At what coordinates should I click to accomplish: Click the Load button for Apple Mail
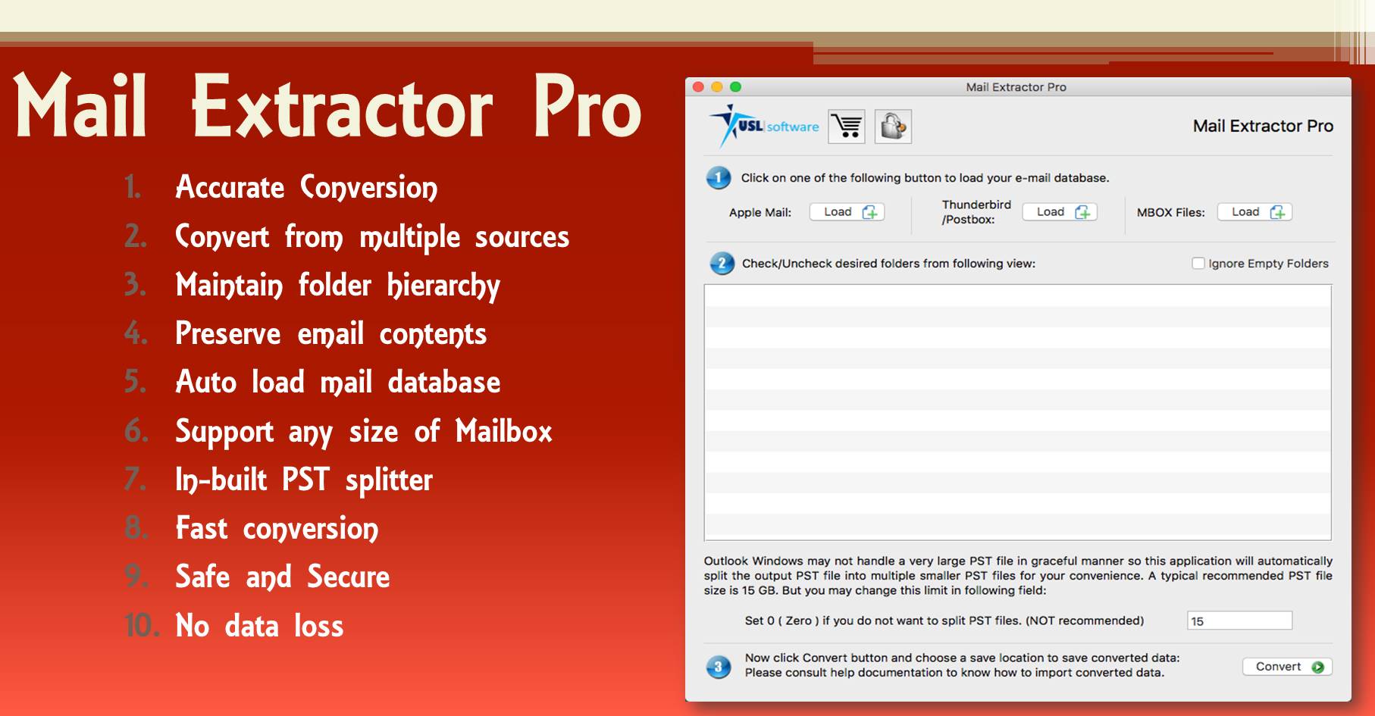[x=847, y=212]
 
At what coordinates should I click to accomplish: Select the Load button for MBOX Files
[x=1254, y=212]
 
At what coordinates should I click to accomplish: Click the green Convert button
[x=1287, y=667]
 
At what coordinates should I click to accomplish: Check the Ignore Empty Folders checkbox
[x=1198, y=264]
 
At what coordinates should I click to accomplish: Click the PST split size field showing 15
[x=1239, y=621]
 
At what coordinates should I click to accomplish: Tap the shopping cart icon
[x=847, y=127]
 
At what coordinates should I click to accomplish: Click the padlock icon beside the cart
[x=893, y=127]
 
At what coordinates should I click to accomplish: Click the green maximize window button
[x=735, y=87]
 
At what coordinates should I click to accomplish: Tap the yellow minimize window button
[x=717, y=87]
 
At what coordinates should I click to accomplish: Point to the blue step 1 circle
[x=719, y=178]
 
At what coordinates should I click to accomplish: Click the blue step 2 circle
[x=722, y=264]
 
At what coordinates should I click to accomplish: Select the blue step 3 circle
[x=719, y=667]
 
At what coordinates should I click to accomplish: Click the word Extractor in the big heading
[x=342, y=108]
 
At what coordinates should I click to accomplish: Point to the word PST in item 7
[x=305, y=480]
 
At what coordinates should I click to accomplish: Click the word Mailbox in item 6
[x=504, y=431]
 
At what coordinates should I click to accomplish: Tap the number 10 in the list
[x=142, y=626]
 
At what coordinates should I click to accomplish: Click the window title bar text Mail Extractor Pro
[x=1016, y=87]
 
